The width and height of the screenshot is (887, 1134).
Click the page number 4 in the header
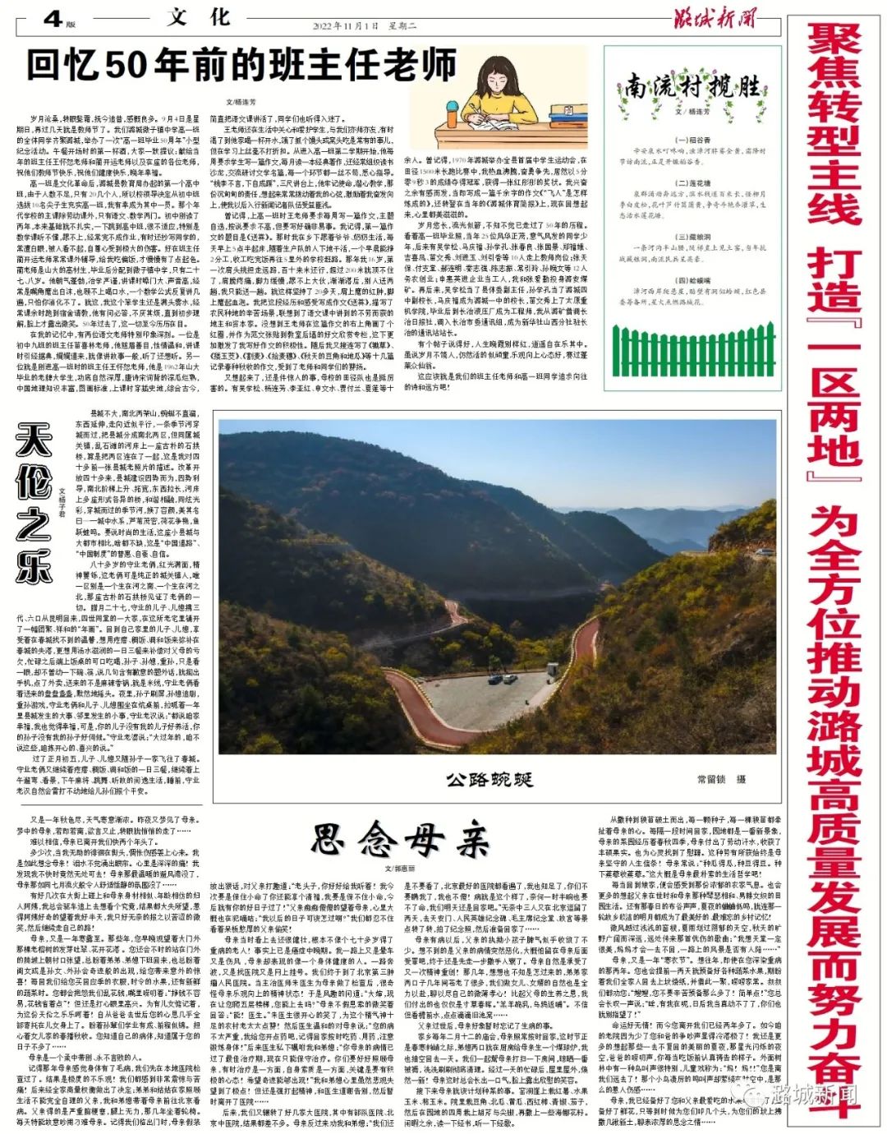pos(52,17)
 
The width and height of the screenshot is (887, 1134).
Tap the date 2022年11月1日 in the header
pos(342,25)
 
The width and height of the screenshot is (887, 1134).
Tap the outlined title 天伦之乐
pos(34,505)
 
